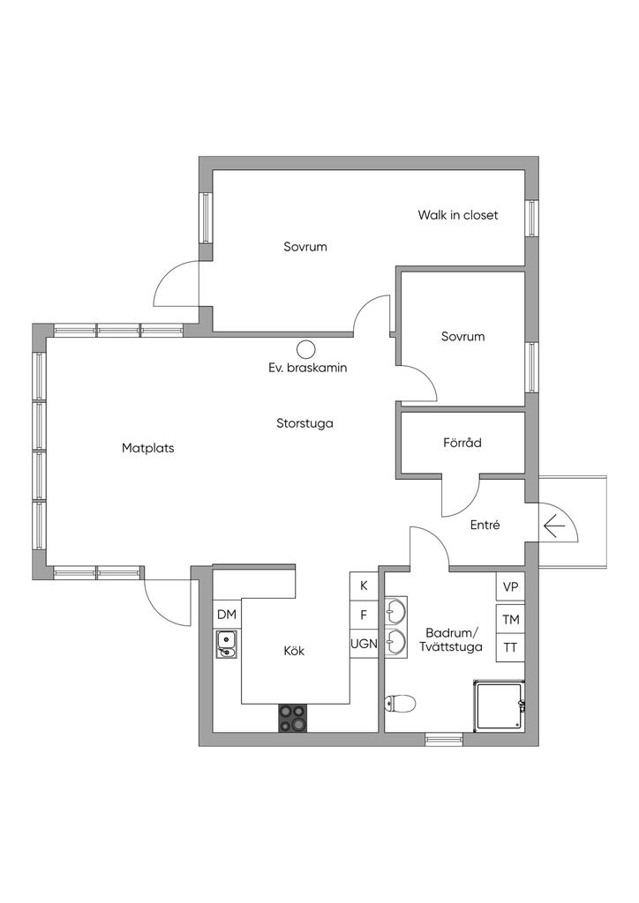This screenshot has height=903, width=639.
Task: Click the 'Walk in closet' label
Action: point(458,215)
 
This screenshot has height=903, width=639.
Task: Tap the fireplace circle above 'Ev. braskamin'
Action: point(306,349)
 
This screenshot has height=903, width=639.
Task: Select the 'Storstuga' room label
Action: point(304,423)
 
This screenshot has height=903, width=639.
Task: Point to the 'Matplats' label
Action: point(148,448)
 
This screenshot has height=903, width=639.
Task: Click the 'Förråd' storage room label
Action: point(462,444)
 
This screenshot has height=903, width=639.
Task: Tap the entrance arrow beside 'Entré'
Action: point(554,526)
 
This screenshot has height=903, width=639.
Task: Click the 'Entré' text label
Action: point(485,525)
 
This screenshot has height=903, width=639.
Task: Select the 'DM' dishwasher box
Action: point(227,614)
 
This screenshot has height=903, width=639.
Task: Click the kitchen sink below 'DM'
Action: point(226,646)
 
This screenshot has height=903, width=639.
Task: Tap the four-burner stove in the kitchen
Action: point(294,718)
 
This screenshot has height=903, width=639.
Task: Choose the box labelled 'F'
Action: point(364,615)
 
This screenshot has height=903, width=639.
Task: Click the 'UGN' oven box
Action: point(364,644)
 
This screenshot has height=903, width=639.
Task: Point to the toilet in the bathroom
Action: point(400,703)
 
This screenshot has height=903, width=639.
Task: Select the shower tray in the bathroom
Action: point(500,705)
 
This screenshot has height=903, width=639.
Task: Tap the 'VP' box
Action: point(510,587)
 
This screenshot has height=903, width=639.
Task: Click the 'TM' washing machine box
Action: point(510,620)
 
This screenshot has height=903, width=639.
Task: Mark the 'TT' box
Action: point(510,648)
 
